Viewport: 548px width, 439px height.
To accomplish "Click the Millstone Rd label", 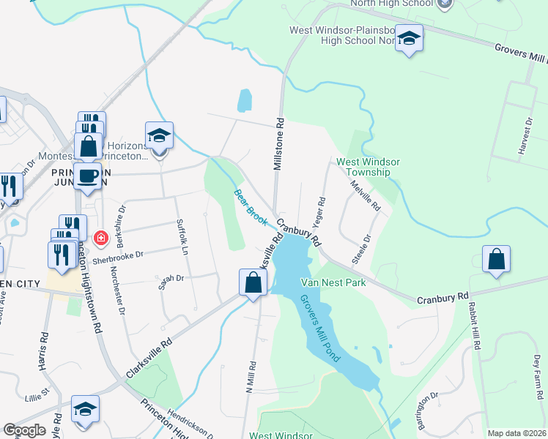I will pos(278,145).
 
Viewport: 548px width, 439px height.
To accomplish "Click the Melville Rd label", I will pos(366,196).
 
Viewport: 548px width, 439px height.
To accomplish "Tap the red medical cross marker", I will pos(101,237).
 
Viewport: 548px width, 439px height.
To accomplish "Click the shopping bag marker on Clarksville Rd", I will pos(253,281).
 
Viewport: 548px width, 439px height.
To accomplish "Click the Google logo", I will pos(24,430).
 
